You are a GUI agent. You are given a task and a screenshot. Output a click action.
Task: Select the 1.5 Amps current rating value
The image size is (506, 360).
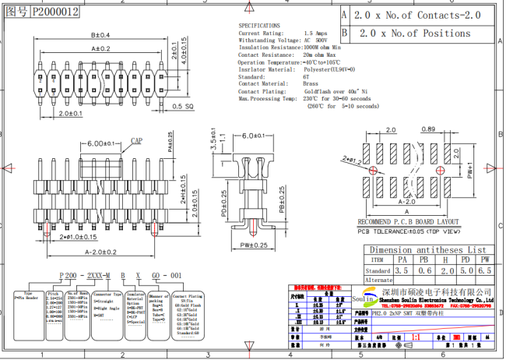click(x=314, y=34)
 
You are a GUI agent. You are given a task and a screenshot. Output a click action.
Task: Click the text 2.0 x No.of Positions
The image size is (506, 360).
click(x=412, y=34)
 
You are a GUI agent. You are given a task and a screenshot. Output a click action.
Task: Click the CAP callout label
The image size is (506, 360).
click(x=136, y=141)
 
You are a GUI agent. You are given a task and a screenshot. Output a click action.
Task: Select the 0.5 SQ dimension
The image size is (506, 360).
click(x=183, y=106)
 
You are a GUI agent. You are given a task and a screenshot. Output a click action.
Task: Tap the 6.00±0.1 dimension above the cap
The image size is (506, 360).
click(x=102, y=143)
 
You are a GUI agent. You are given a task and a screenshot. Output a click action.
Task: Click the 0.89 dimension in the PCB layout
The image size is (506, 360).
click(x=427, y=129)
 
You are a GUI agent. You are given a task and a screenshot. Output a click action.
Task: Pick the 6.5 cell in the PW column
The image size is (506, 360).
click(x=484, y=270)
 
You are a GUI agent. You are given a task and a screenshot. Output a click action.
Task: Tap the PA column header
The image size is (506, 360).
click(x=402, y=259)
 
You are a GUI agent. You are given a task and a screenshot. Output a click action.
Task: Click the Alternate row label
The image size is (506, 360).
click(x=378, y=280)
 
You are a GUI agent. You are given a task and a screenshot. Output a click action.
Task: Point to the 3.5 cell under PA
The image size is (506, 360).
click(x=402, y=270)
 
